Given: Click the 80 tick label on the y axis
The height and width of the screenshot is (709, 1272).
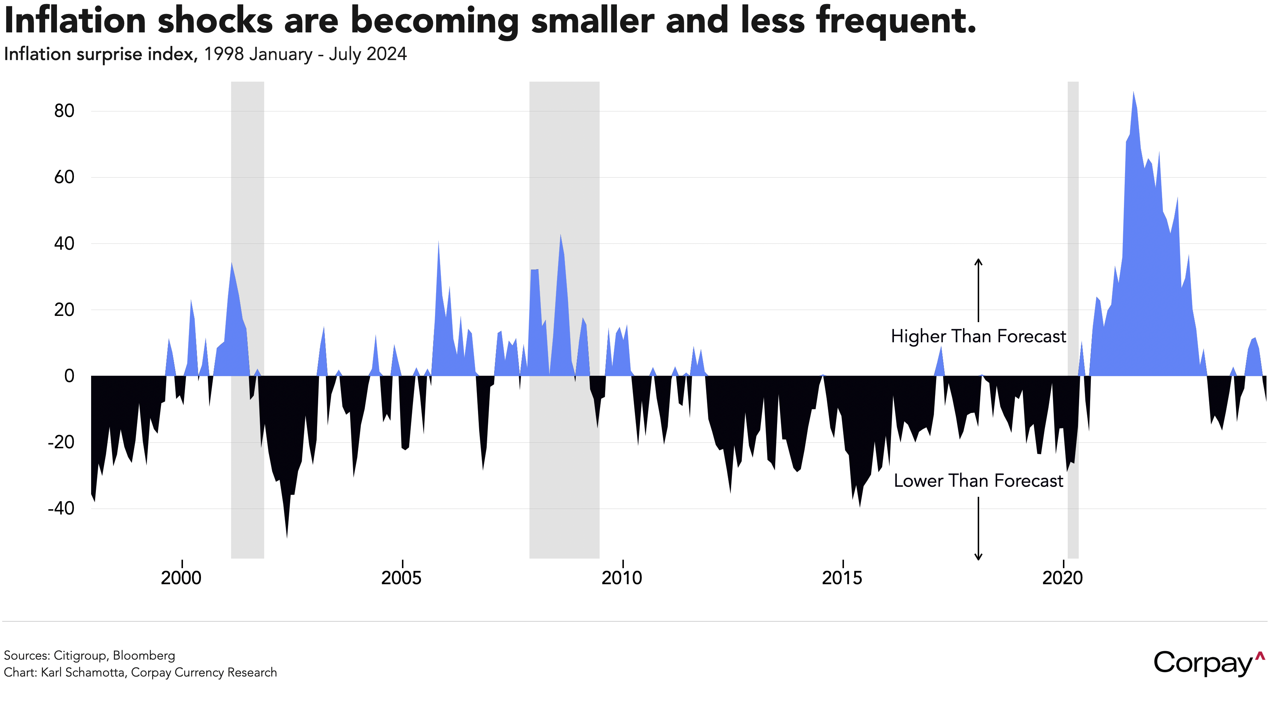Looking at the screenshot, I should pyautogui.click(x=64, y=111).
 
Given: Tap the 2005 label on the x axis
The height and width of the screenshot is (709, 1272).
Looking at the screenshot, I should pyautogui.click(x=402, y=578).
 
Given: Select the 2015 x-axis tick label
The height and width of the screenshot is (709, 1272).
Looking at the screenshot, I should pyautogui.click(x=842, y=578).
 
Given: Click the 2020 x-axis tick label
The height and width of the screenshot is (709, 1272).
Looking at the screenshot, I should pyautogui.click(x=1062, y=578).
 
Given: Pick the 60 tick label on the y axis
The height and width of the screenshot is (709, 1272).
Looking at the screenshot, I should pyautogui.click(x=64, y=177).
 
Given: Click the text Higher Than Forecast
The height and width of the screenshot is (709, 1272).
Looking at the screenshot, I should pyautogui.click(x=978, y=336).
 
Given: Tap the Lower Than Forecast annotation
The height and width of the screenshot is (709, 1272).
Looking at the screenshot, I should pyautogui.click(x=978, y=481).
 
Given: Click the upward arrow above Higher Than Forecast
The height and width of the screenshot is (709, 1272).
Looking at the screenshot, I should pyautogui.click(x=978, y=289).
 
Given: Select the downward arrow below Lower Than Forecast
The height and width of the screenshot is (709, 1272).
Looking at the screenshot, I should pyautogui.click(x=978, y=529).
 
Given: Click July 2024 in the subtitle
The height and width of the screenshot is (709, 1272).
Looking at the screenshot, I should pyautogui.click(x=368, y=54).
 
